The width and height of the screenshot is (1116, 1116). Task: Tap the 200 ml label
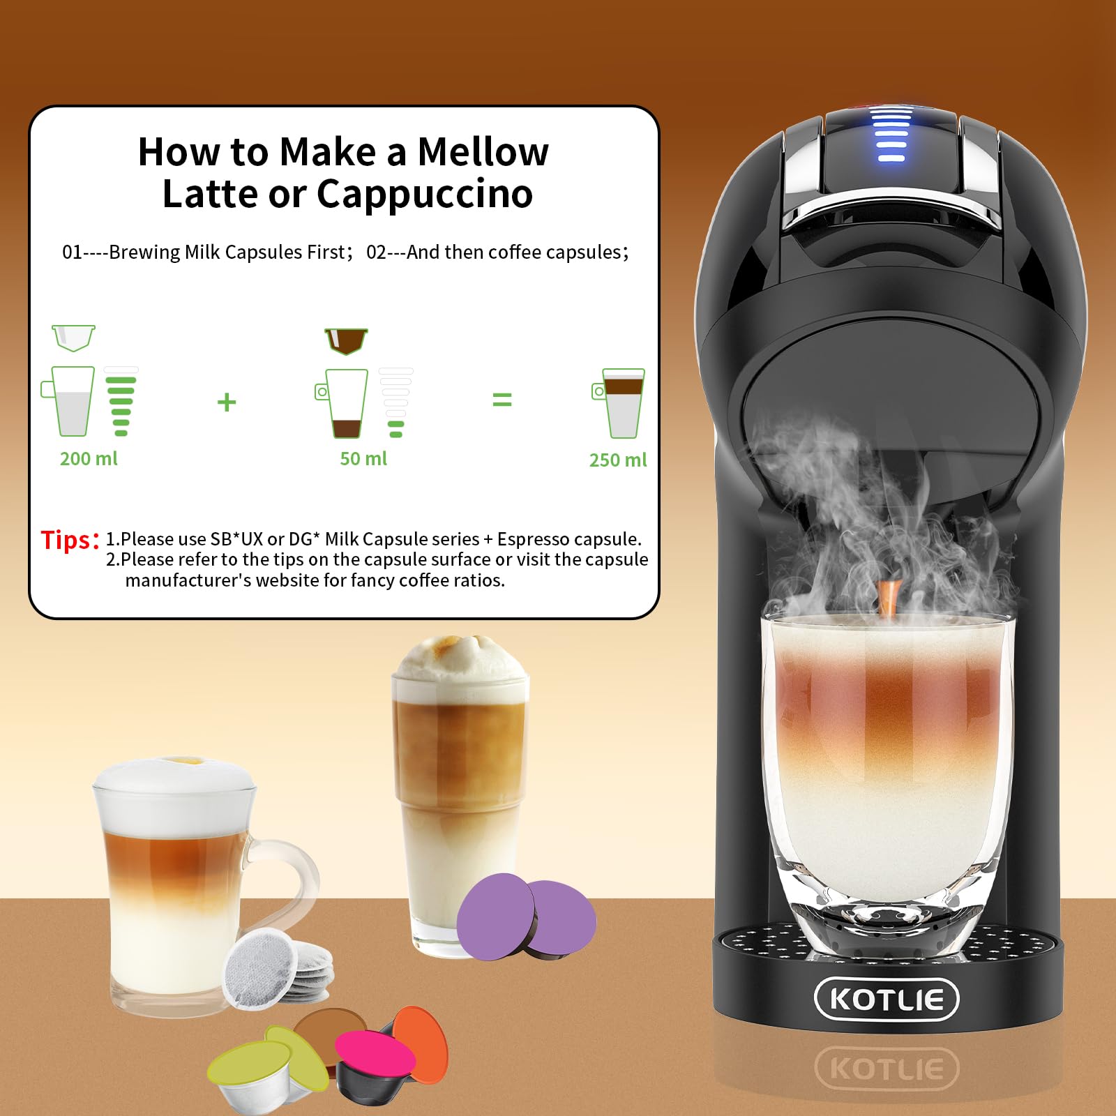click(x=89, y=459)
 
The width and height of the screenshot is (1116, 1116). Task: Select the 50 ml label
click(x=363, y=459)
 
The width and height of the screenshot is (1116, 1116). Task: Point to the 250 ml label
click(x=618, y=460)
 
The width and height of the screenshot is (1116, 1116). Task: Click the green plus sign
click(x=227, y=402)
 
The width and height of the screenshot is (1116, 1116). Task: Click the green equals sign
click(x=502, y=400)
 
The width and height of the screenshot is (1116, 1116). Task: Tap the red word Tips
click(x=67, y=540)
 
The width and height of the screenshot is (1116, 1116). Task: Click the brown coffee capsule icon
click(x=346, y=340)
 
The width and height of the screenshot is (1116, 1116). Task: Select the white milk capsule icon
click(x=73, y=338)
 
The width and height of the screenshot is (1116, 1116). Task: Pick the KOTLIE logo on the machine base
click(x=887, y=999)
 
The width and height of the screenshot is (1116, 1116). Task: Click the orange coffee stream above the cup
click(x=888, y=597)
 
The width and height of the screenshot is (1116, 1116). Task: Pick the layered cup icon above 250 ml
click(x=620, y=402)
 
